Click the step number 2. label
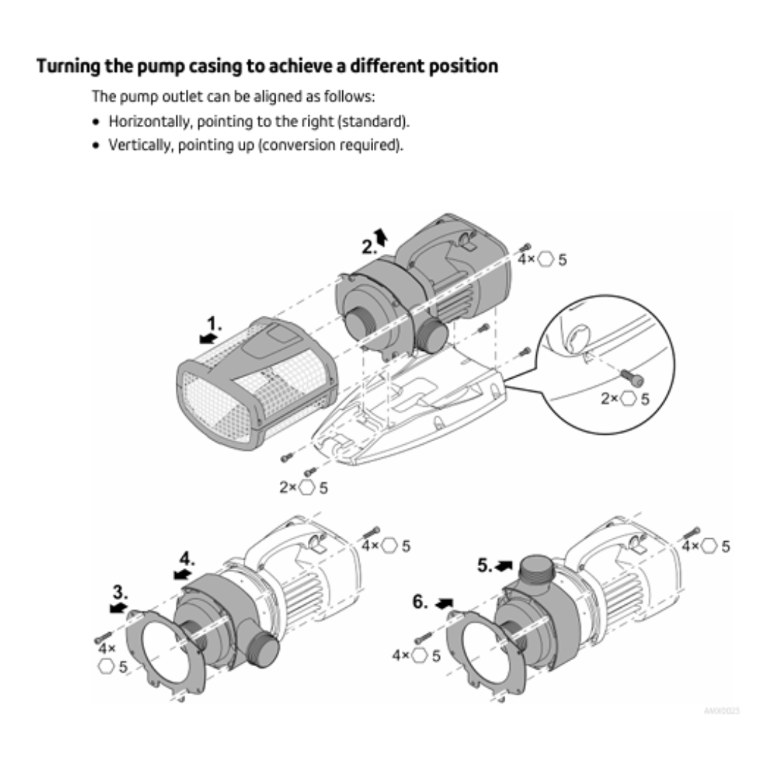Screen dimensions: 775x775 pyautogui.click(x=369, y=247)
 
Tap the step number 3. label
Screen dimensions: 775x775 pyautogui.click(x=121, y=592)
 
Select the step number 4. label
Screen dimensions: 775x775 pyautogui.click(x=187, y=558)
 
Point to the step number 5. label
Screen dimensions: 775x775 pyautogui.click(x=485, y=565)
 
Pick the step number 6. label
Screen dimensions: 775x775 pyautogui.click(x=420, y=602)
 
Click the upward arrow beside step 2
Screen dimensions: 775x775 pyautogui.click(x=382, y=236)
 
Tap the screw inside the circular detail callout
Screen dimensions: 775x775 pyautogui.click(x=632, y=375)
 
